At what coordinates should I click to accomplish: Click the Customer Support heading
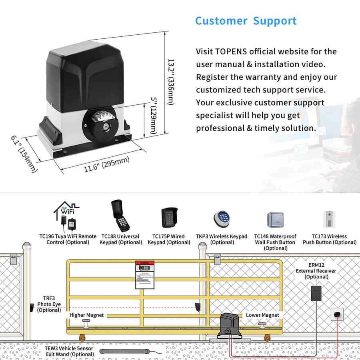(x=246, y=21)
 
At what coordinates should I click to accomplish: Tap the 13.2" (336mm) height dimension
(x=171, y=82)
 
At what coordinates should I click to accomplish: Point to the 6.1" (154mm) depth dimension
(x=24, y=154)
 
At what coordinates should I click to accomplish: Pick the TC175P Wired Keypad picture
(x=169, y=217)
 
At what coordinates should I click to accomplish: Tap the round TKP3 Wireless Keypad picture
(x=221, y=218)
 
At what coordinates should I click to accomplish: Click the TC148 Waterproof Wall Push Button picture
(x=275, y=220)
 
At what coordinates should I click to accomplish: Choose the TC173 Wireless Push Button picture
(x=329, y=219)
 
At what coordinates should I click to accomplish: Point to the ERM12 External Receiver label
(x=316, y=271)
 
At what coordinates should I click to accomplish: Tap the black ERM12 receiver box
(x=316, y=293)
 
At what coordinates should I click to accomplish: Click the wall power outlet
(x=337, y=314)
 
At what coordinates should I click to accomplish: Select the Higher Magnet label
(x=86, y=315)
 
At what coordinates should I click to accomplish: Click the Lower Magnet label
(x=262, y=315)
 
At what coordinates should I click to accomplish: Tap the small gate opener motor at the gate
(x=231, y=324)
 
